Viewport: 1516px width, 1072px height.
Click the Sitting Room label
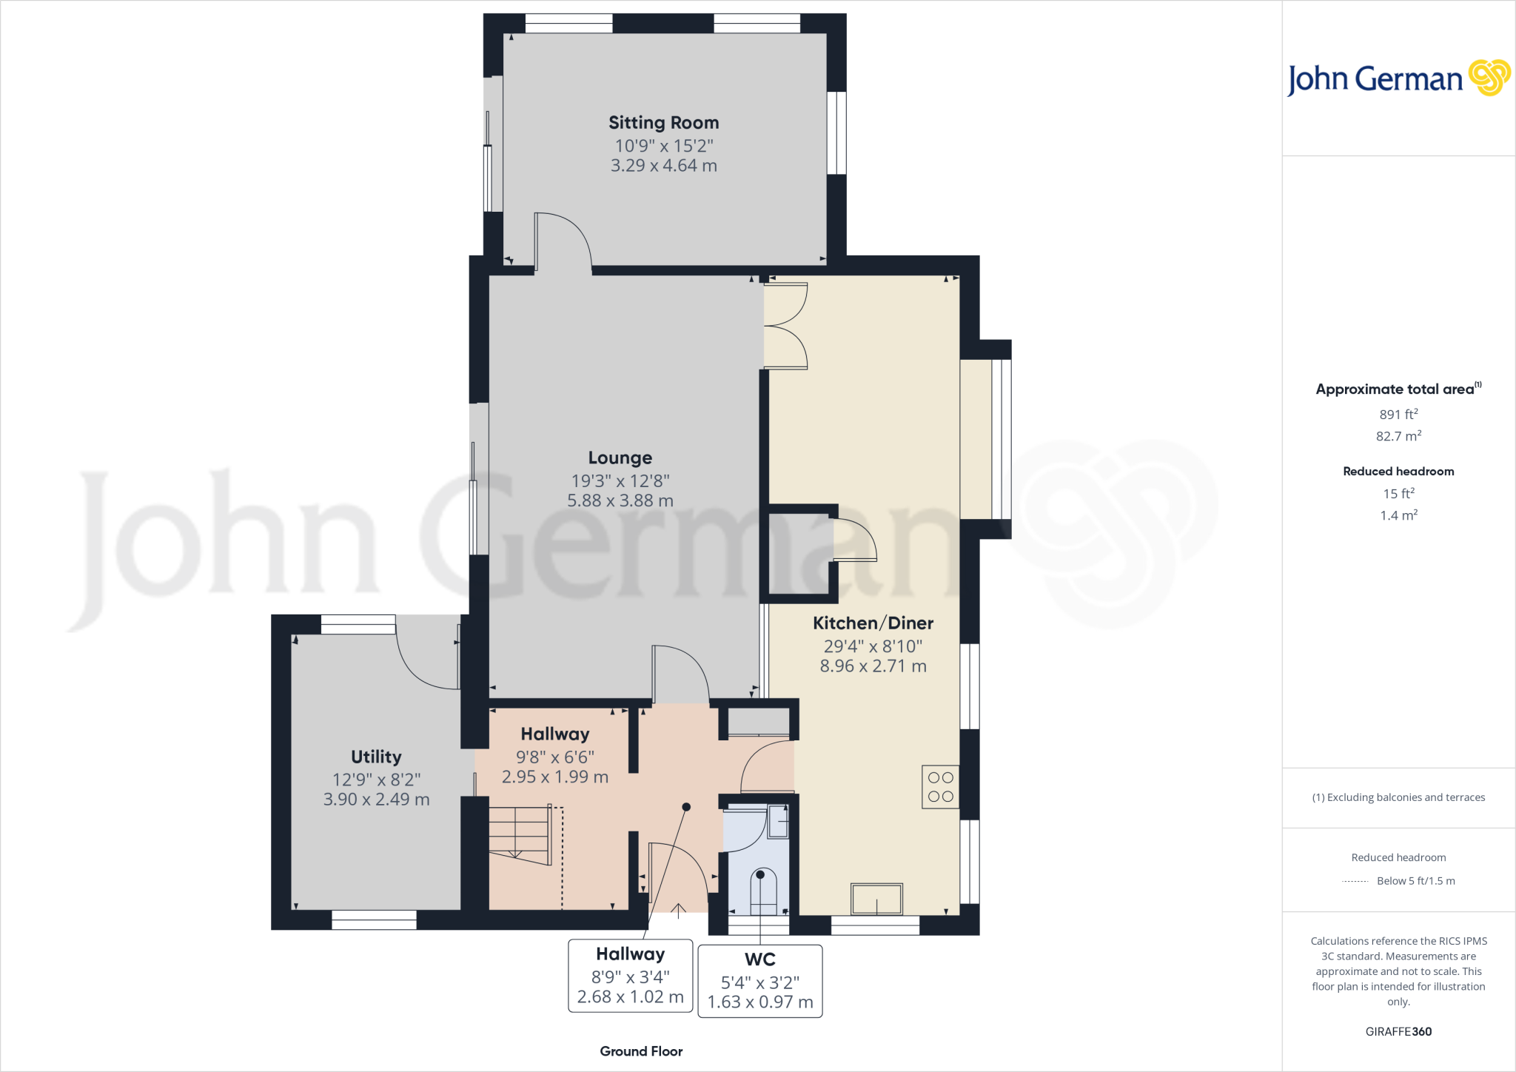(663, 123)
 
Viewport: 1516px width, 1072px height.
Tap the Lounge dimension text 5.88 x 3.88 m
(620, 501)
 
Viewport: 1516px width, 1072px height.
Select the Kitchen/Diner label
(873, 623)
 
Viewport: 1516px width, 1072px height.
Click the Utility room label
(376, 757)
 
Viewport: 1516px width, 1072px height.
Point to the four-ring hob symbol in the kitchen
(940, 787)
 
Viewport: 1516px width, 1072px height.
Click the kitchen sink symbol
(876, 900)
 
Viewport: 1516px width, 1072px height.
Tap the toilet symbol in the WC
(763, 892)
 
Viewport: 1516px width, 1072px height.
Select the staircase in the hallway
(520, 834)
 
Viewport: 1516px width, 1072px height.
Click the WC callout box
(760, 981)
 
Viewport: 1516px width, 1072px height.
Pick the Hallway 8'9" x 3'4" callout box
(631, 976)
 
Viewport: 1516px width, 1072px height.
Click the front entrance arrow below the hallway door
(678, 910)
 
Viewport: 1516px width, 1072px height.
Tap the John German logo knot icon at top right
(1489, 78)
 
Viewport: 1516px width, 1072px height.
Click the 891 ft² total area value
(1398, 415)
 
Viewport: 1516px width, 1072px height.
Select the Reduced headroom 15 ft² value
(1398, 494)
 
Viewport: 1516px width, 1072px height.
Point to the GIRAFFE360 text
(1398, 1031)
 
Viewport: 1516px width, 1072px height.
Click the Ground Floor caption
(641, 1051)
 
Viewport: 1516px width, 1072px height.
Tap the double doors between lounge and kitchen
(785, 326)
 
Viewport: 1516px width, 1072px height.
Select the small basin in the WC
(777, 822)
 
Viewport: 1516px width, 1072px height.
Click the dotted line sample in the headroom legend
(1355, 882)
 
